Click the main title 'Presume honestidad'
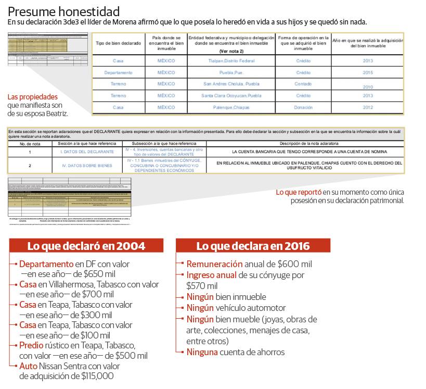pyautogui.click(x=64, y=11)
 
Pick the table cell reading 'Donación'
pyautogui.click(x=303, y=107)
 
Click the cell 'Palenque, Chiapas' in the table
pyautogui.click(x=231, y=107)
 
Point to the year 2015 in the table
pyautogui.click(x=368, y=72)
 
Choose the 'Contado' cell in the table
pyautogui.click(x=303, y=84)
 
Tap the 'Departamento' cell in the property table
pyautogui.click(x=118, y=72)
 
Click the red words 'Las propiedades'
pyautogui.click(x=33, y=97)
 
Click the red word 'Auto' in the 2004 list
pyautogui.click(x=29, y=366)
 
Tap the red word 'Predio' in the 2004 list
pyautogui.click(x=32, y=345)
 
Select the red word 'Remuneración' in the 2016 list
pyautogui.click(x=214, y=264)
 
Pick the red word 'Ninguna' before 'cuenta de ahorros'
pyautogui.click(x=202, y=352)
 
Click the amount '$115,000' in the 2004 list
pyautogui.click(x=97, y=376)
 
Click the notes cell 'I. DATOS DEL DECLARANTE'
pyautogui.click(x=86, y=152)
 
